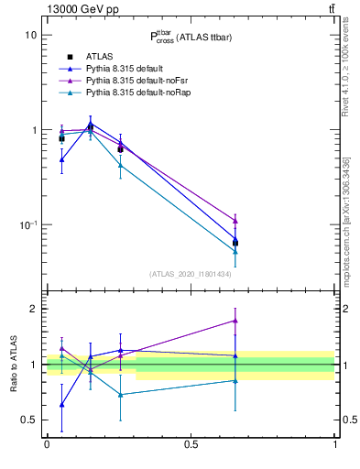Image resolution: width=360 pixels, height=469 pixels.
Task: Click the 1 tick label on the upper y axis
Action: (34, 130)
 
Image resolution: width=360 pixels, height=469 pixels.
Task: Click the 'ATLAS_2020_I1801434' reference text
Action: (191, 274)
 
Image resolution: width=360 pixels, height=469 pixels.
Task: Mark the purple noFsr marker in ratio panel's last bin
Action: (235, 321)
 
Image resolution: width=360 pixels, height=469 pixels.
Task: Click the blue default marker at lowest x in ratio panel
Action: (61, 404)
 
